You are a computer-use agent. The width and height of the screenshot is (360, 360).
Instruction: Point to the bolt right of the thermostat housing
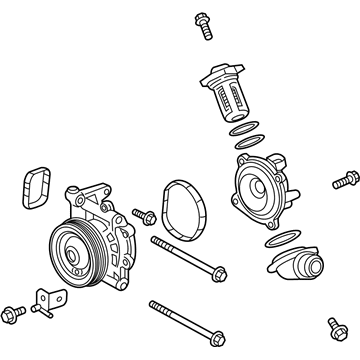[x=343, y=182]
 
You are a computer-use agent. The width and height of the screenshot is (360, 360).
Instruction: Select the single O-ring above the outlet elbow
[x=279, y=239]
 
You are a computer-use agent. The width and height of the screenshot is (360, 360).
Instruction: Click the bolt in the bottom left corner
[x=13, y=313]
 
